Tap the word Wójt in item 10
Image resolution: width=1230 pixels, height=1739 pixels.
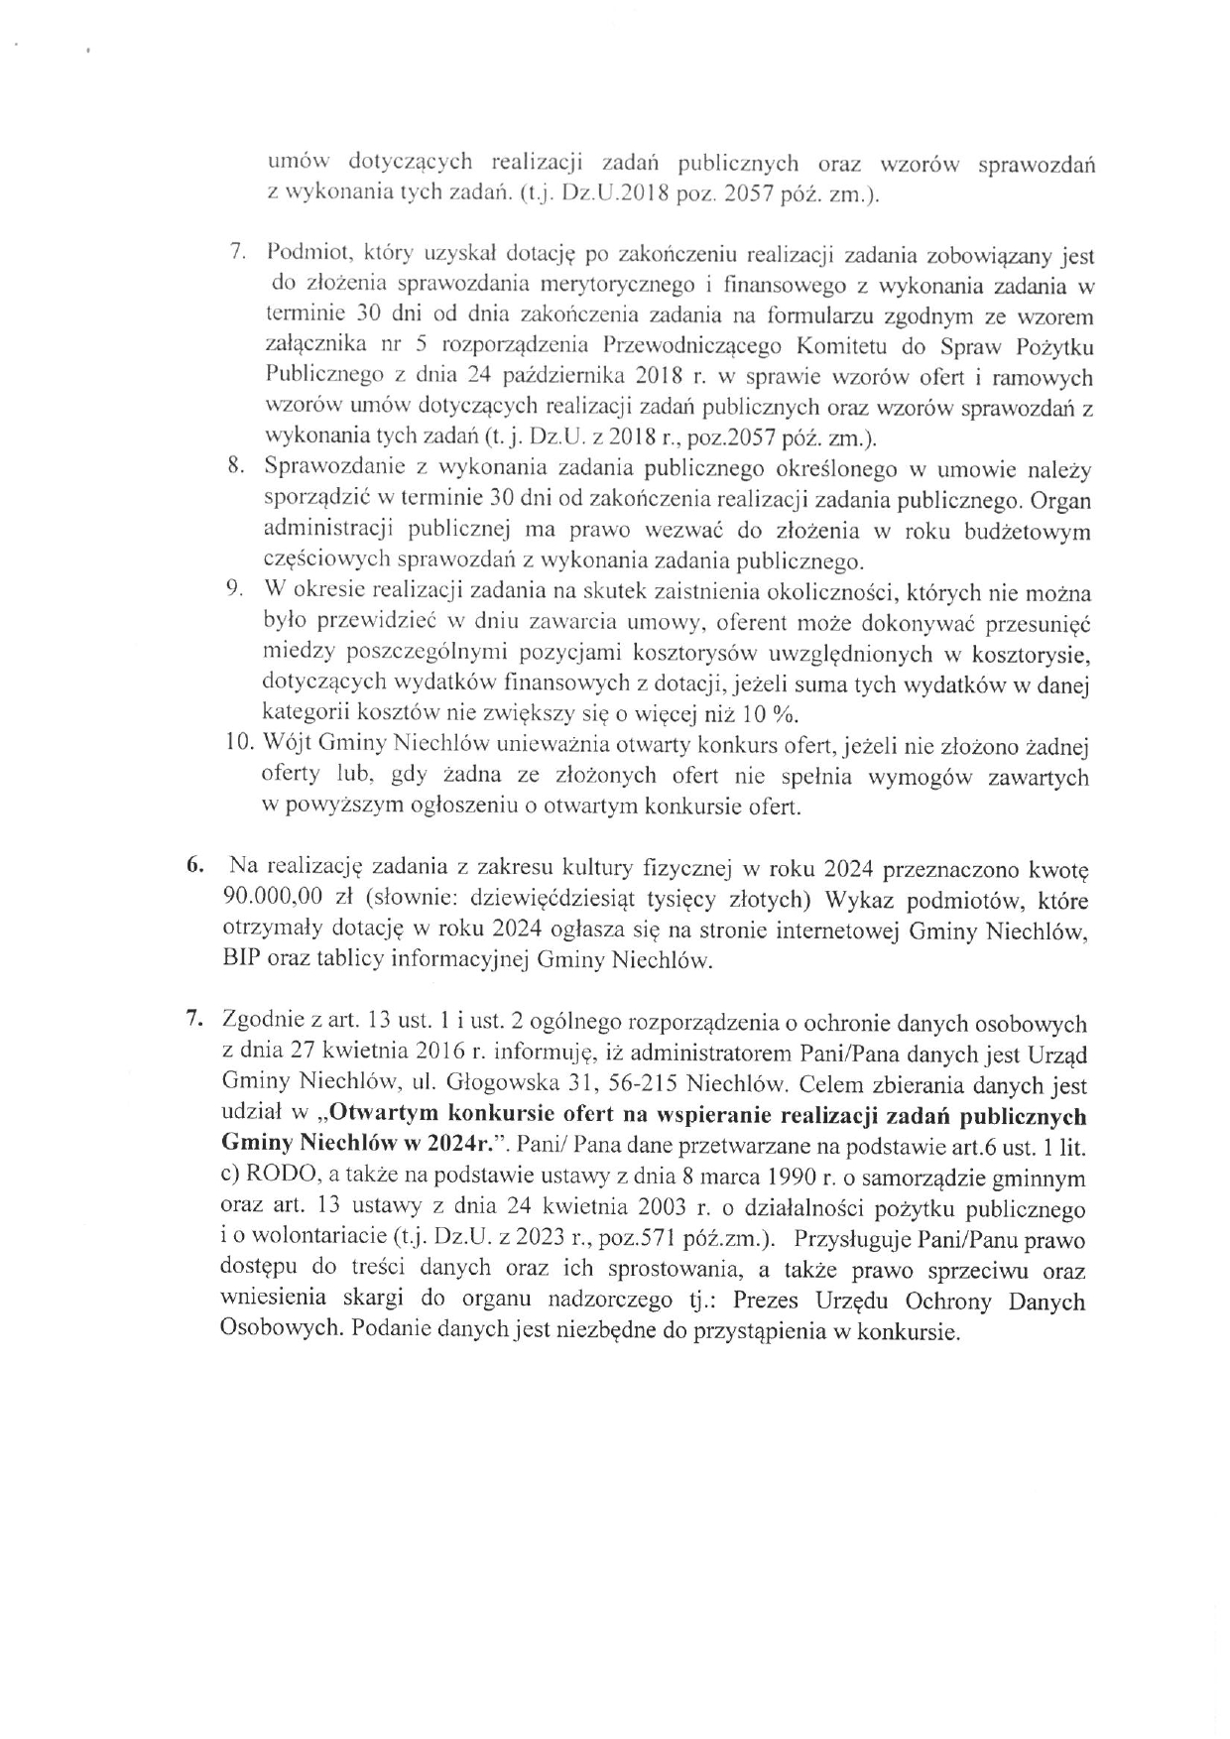[x=289, y=745]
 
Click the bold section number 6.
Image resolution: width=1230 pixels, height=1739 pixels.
[x=195, y=866]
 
